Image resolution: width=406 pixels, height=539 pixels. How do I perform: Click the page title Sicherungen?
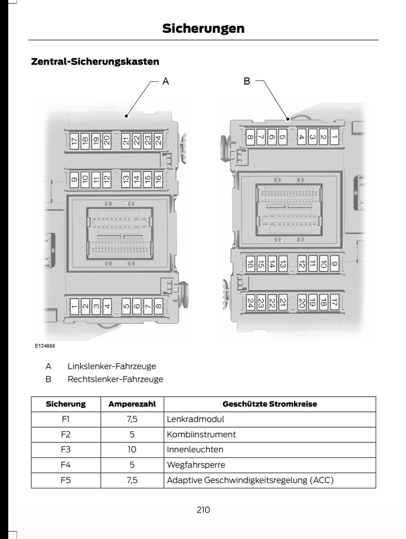coord(203,28)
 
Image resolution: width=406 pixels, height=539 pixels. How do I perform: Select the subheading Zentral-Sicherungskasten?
coord(95,61)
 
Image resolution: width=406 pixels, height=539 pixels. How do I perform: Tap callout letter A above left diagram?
coord(165,81)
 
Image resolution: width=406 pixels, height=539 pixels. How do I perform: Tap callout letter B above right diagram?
coord(247,81)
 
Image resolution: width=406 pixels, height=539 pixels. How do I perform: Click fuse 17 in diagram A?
coord(74,141)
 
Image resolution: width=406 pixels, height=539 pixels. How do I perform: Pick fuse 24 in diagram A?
coord(158,141)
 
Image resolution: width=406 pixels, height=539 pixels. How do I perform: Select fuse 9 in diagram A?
coord(74,179)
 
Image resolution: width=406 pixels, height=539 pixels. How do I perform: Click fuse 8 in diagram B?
coord(250,137)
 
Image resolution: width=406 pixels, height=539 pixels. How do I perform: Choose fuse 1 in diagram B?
coord(334,137)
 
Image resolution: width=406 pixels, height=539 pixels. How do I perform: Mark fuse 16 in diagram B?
coord(250,264)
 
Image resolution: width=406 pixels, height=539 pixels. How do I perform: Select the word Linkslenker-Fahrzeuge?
coord(112,367)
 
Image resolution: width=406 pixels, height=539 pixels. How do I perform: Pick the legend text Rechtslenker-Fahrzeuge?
coord(115,379)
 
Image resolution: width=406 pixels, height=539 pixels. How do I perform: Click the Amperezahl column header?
coord(132,404)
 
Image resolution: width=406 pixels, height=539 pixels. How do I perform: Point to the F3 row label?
coord(66,450)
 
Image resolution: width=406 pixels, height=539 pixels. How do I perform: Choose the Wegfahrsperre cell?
coord(196,465)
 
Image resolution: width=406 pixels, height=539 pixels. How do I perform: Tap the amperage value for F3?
coord(132,450)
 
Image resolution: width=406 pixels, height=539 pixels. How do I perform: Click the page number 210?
coord(203,510)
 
